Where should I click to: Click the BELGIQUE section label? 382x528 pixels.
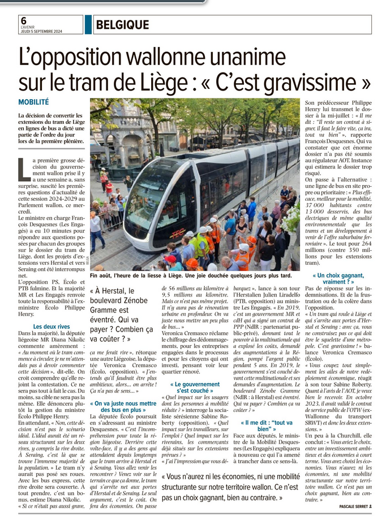(x=122, y=25)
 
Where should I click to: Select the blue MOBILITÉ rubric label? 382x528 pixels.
(x=33, y=102)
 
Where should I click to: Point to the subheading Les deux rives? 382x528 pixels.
(x=51, y=327)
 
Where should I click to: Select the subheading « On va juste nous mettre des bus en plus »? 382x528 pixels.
(x=123, y=406)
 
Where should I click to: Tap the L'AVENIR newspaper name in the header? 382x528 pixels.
(x=28, y=27)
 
